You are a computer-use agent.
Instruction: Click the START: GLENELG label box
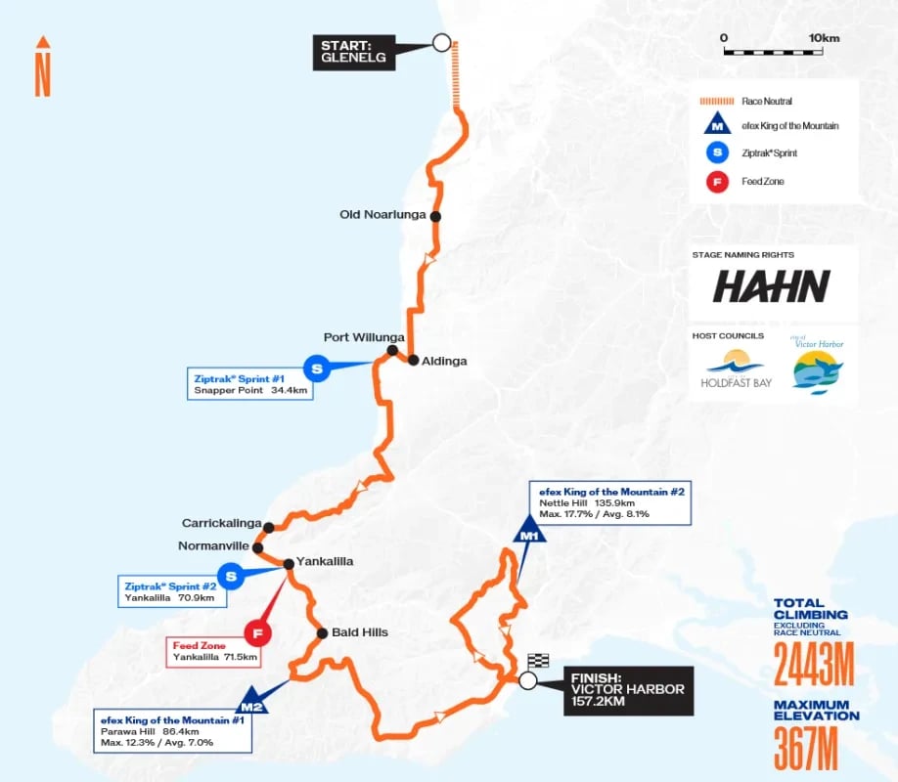353,52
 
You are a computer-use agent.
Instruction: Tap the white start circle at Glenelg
441,43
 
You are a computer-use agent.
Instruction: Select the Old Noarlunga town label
382,215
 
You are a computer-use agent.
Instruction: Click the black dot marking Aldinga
413,360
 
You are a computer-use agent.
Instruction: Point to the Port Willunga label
350,337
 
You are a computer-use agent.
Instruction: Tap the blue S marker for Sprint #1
316,369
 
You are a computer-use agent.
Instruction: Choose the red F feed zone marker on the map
257,633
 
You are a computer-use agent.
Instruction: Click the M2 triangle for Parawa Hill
251,701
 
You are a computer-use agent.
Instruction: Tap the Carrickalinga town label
221,525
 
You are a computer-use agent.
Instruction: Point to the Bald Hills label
359,632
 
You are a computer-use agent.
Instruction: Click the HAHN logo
771,286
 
